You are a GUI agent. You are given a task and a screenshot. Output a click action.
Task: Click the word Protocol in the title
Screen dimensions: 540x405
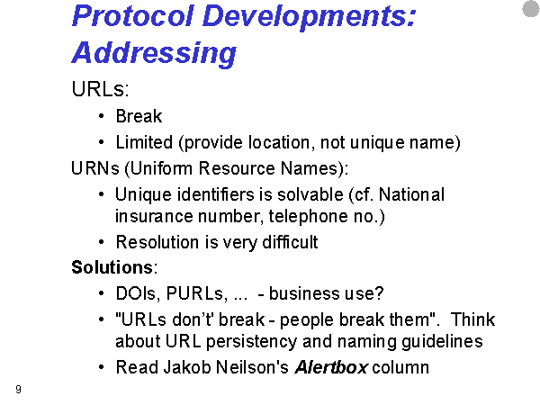click(x=132, y=16)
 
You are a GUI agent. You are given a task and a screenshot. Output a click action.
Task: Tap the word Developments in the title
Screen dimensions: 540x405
click(x=309, y=17)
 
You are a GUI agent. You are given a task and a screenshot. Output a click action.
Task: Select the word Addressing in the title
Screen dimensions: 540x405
click(x=154, y=53)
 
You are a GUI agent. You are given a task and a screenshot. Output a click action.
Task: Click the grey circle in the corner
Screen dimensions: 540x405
click(x=531, y=9)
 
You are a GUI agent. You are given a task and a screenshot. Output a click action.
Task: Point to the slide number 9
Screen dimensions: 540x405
click(x=18, y=389)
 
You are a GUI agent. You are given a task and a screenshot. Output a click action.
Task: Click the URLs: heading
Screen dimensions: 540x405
click(x=100, y=89)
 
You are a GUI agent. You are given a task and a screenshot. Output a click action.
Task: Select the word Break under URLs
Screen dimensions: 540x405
click(x=139, y=116)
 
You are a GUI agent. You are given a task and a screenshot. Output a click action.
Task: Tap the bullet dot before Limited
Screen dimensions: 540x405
click(x=101, y=142)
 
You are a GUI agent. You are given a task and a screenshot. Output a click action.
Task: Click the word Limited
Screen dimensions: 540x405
click(x=144, y=142)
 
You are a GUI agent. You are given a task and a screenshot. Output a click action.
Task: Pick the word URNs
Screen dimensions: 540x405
click(x=95, y=168)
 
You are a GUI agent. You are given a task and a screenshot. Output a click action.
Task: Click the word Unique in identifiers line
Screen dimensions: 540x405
click(x=143, y=195)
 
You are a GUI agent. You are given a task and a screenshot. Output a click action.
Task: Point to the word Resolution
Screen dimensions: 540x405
click(x=157, y=242)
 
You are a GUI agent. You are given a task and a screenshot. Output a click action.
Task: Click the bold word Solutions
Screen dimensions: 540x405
click(x=112, y=267)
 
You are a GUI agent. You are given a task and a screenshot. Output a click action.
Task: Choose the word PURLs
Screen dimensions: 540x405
click(x=196, y=293)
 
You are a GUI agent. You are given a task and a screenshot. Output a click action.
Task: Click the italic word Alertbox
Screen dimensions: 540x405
click(x=331, y=367)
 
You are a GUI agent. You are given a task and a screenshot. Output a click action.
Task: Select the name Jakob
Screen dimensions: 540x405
click(x=186, y=367)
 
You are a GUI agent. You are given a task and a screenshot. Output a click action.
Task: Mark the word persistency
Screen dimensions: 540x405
click(x=251, y=342)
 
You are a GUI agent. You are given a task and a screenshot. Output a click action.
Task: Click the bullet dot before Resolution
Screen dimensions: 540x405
click(x=101, y=242)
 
